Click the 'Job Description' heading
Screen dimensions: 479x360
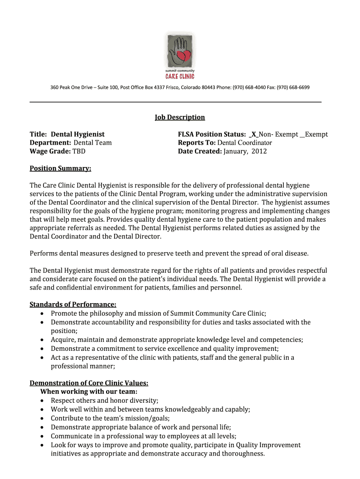tap(180, 117)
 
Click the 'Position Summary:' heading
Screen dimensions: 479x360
tap(60, 168)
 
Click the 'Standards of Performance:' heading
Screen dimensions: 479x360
tap(73, 305)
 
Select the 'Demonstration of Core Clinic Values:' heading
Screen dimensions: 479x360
tap(89, 383)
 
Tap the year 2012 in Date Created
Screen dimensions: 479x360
tap(259, 152)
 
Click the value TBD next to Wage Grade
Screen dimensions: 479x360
tap(79, 152)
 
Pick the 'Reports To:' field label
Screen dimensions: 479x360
tap(196, 143)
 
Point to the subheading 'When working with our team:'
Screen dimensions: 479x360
tap(89, 392)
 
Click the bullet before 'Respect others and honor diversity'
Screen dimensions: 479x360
tap(43, 401)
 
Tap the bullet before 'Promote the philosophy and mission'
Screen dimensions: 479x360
tap(43, 314)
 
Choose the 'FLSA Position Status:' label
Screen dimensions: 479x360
tap(212, 135)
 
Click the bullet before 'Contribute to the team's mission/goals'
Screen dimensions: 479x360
tap(43, 419)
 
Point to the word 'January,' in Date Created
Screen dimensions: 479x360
tap(236, 152)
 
